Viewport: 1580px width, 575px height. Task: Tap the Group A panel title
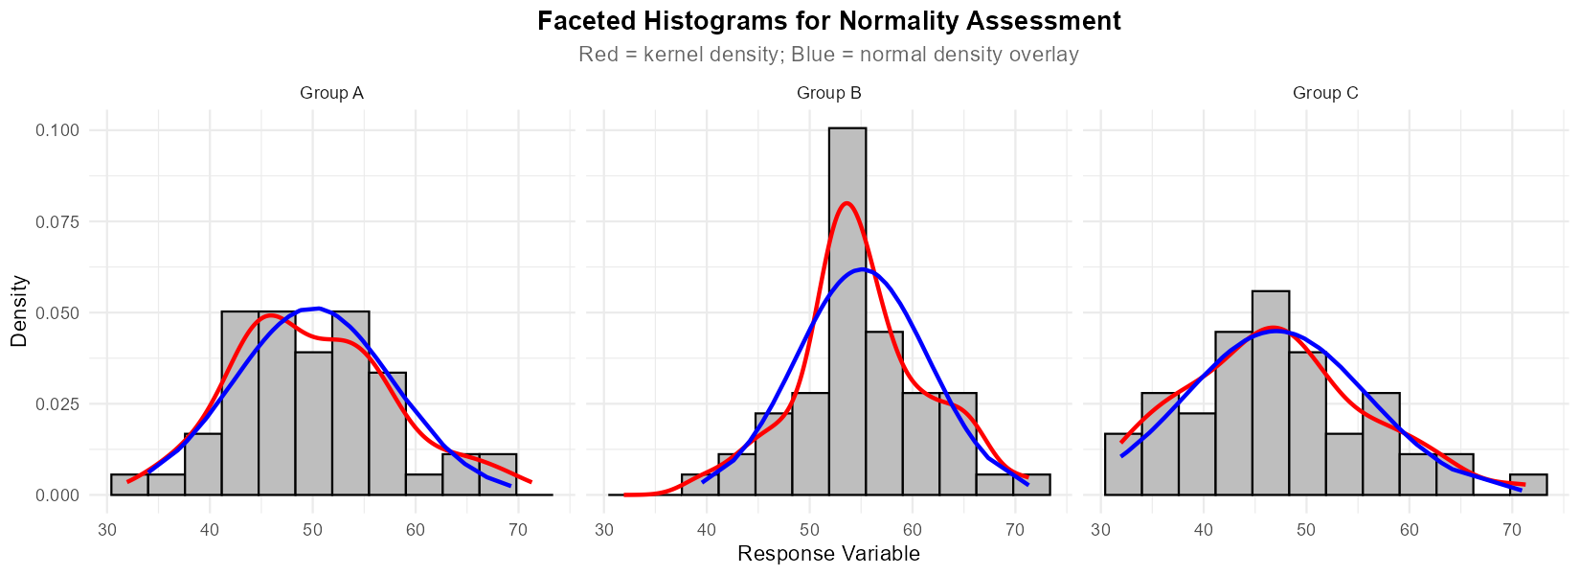(x=331, y=93)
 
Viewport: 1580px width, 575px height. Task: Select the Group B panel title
(x=829, y=93)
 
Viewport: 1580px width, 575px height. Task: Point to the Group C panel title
(x=1325, y=93)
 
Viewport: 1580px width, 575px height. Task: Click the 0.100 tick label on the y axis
(x=57, y=130)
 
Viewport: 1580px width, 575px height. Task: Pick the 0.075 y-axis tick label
(x=57, y=221)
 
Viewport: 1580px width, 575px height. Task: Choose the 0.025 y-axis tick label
(x=57, y=404)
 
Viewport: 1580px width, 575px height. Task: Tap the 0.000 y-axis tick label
(x=57, y=495)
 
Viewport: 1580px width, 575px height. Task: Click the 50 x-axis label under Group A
(x=312, y=530)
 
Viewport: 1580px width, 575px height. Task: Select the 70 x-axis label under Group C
(x=1512, y=530)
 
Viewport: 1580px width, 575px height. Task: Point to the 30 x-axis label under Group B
(x=604, y=530)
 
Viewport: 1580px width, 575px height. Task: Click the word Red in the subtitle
(x=598, y=55)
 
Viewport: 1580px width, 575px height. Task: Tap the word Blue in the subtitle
(x=813, y=55)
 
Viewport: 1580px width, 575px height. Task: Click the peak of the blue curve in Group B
(x=863, y=269)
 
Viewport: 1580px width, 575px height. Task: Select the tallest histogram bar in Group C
(x=1271, y=393)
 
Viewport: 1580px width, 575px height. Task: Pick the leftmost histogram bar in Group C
(x=1123, y=465)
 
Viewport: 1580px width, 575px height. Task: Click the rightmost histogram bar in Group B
(x=1031, y=485)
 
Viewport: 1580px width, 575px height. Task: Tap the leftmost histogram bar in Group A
(x=129, y=485)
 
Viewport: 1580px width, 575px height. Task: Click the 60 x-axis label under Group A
(x=415, y=530)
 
